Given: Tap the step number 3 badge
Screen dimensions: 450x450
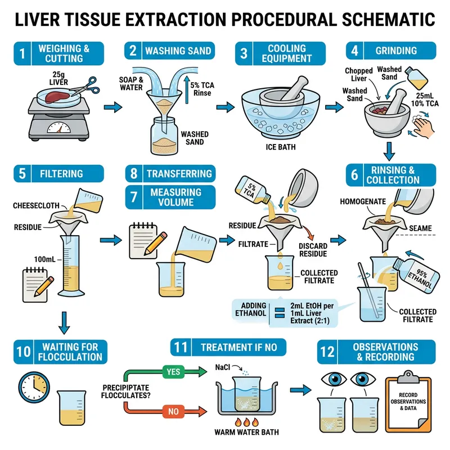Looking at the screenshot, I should coord(243,53).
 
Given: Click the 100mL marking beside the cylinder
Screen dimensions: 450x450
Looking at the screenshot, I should coord(44,260).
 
